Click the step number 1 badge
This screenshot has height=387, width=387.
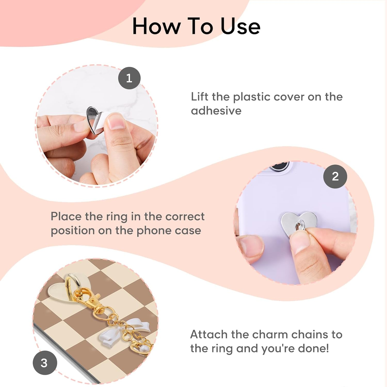click(129, 78)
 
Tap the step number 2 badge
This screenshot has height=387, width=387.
click(335, 176)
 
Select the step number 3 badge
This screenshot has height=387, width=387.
click(45, 363)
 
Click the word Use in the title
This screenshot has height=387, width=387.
click(240, 26)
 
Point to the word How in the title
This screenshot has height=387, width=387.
click(157, 26)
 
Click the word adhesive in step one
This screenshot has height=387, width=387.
click(216, 111)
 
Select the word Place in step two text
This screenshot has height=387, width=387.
click(66, 216)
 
